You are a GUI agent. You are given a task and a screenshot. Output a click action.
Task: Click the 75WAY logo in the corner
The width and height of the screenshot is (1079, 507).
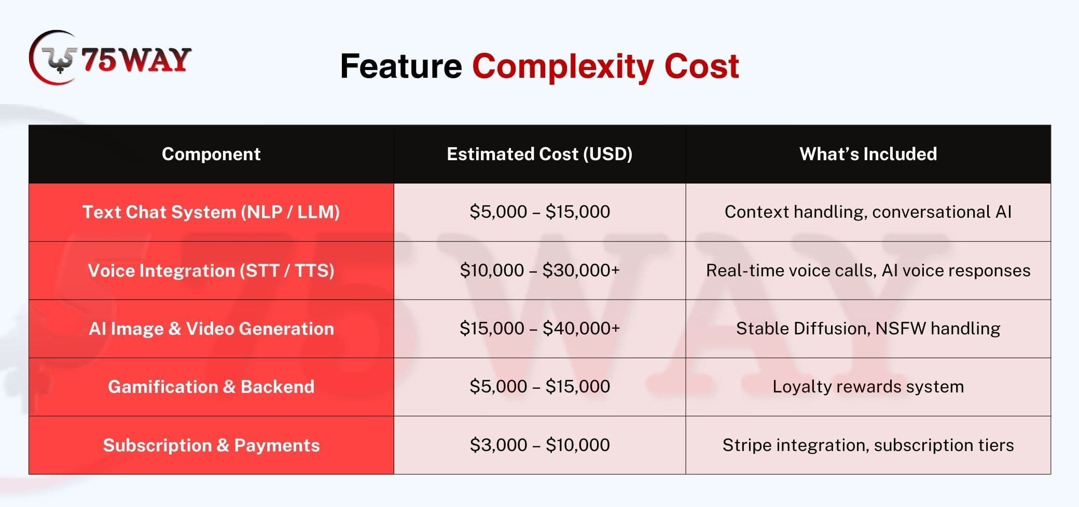point(110,58)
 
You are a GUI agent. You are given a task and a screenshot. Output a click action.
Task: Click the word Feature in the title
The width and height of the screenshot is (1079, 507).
point(400,66)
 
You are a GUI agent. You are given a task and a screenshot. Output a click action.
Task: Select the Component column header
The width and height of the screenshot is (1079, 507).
point(211,154)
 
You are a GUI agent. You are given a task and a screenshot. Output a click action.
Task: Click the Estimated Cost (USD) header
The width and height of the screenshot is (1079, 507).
point(539,154)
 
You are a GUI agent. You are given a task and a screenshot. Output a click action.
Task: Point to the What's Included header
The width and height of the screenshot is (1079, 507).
point(868,154)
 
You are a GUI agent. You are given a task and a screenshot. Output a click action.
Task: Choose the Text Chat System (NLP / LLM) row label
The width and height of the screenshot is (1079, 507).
point(211,212)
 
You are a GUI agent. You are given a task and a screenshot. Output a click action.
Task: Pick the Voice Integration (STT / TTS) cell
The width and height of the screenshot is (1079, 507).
point(211,271)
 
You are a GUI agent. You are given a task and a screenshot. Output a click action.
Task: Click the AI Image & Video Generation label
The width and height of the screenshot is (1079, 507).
point(211,329)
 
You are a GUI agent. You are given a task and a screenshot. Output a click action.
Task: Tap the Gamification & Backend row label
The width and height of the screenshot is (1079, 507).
point(211,387)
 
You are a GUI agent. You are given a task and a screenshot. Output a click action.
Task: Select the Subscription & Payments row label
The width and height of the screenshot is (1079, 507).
point(211,445)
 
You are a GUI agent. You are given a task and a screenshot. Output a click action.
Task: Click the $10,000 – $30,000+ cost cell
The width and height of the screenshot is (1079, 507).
point(539,270)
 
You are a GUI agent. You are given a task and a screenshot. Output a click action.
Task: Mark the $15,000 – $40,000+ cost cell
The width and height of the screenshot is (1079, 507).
point(539,328)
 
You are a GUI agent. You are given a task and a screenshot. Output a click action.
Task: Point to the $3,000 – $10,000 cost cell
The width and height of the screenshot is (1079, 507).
point(539,445)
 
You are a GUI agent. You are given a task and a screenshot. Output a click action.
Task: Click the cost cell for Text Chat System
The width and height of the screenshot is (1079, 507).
point(539,212)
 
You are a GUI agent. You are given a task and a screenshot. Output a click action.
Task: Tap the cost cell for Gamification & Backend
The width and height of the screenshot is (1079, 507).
point(539,386)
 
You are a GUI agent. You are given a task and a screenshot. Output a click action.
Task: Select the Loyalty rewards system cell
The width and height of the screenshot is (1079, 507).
point(868,387)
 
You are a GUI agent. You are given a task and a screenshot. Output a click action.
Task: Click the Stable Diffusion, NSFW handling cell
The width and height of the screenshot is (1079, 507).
point(868,329)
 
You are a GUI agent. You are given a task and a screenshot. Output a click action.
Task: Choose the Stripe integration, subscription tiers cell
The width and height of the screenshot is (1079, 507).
point(868,445)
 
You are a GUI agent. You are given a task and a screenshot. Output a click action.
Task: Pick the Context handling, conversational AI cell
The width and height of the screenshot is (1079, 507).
point(868,212)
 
